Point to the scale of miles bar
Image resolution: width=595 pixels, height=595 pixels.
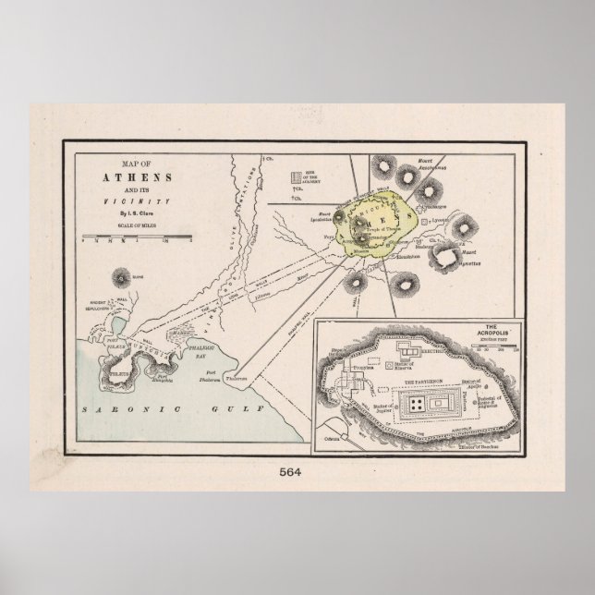pyautogui.click(x=124, y=238)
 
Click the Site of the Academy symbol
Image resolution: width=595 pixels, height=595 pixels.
pyautogui.click(x=297, y=175)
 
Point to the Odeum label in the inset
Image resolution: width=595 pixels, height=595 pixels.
pyautogui.click(x=346, y=432)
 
